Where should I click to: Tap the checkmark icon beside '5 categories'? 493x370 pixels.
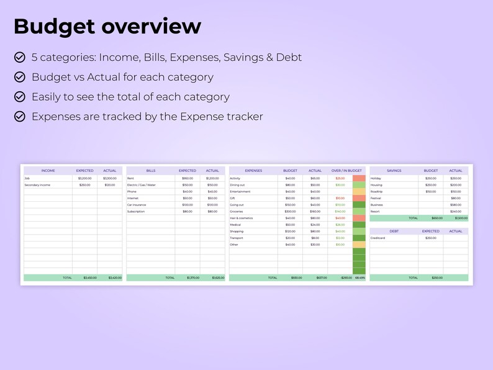pyautogui.click(x=20, y=58)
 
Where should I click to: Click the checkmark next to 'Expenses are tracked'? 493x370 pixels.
pyautogui.click(x=20, y=117)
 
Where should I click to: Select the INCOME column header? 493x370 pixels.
pyautogui.click(x=48, y=171)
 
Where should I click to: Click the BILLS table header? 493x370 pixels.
pyautogui.click(x=151, y=171)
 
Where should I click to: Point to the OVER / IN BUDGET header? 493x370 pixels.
pyautogui.click(x=346, y=171)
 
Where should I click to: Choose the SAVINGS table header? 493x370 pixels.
pyautogui.click(x=394, y=171)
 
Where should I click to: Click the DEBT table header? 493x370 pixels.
pyautogui.click(x=394, y=231)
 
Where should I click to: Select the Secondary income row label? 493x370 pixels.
pyautogui.click(x=37, y=185)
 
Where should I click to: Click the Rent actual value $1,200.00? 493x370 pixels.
pyautogui.click(x=212, y=178)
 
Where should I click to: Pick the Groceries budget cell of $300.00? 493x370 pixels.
pyautogui.click(x=290, y=212)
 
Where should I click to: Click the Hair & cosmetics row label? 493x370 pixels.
pyautogui.click(x=242, y=218)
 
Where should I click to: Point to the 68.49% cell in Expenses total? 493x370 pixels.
pyautogui.click(x=360, y=277)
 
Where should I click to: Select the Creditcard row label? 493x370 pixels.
pyautogui.click(x=379, y=238)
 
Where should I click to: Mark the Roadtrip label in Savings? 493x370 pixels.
pyautogui.click(x=377, y=192)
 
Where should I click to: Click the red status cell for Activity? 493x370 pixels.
pyautogui.click(x=360, y=178)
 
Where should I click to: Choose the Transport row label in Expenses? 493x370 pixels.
pyautogui.click(x=237, y=238)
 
